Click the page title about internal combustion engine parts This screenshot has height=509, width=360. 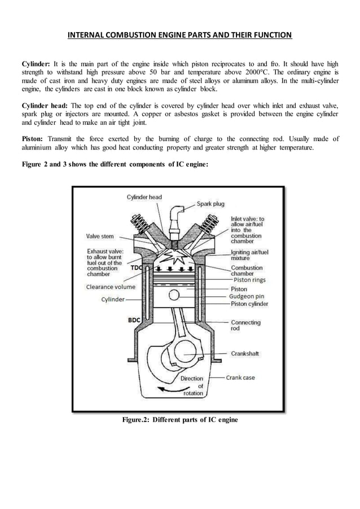coord(179,36)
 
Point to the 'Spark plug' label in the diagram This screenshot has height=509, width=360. coord(212,204)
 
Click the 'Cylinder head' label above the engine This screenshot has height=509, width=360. coord(144,197)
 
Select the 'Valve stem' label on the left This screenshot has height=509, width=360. coord(102,236)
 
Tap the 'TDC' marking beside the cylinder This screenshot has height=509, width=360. coord(137,267)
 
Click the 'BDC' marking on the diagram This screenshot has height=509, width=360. coord(134,320)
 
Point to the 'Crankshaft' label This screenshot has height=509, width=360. coord(245,354)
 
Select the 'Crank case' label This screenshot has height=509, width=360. coord(240,378)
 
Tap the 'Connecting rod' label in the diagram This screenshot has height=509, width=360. coord(246,326)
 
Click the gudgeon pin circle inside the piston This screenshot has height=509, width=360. coord(175,295)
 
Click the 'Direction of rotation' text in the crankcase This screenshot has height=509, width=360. coord(191,386)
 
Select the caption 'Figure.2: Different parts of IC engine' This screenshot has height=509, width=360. coord(179,420)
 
